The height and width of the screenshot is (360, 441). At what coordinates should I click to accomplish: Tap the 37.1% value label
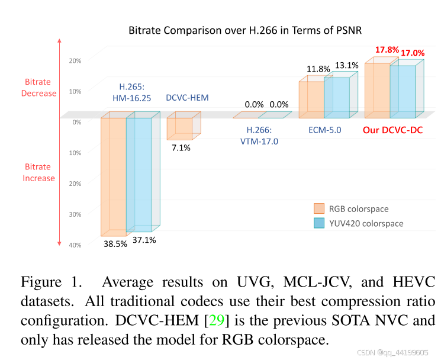[144, 240]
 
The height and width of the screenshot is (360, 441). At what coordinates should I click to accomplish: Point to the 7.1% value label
[181, 147]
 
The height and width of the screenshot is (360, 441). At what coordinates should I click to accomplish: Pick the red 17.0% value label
[413, 53]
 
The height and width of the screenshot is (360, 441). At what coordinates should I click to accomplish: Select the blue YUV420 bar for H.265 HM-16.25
[139, 175]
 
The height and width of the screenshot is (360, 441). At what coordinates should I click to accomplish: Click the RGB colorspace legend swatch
[319, 208]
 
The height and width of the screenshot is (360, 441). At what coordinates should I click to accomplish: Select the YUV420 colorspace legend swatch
[319, 223]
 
